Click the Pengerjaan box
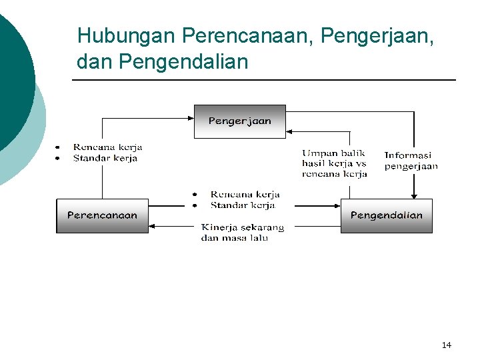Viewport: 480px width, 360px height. click(x=239, y=121)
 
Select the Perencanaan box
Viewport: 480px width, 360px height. click(x=102, y=215)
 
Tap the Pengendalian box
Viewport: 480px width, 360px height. click(x=386, y=215)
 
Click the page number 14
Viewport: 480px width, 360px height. click(x=446, y=345)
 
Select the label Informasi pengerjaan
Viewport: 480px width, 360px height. click(x=411, y=161)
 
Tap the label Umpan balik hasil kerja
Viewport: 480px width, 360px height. click(x=334, y=163)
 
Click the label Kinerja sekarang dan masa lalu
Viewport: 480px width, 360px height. click(x=243, y=233)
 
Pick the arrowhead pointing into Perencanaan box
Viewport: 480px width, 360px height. click(x=153, y=226)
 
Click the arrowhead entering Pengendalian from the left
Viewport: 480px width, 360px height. click(x=337, y=207)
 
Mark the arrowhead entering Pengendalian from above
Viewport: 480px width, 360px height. click(x=414, y=195)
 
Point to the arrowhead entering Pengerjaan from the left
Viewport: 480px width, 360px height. click(x=190, y=118)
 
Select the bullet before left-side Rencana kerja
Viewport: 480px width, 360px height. click(x=58, y=147)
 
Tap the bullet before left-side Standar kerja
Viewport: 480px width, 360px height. click(x=58, y=158)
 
